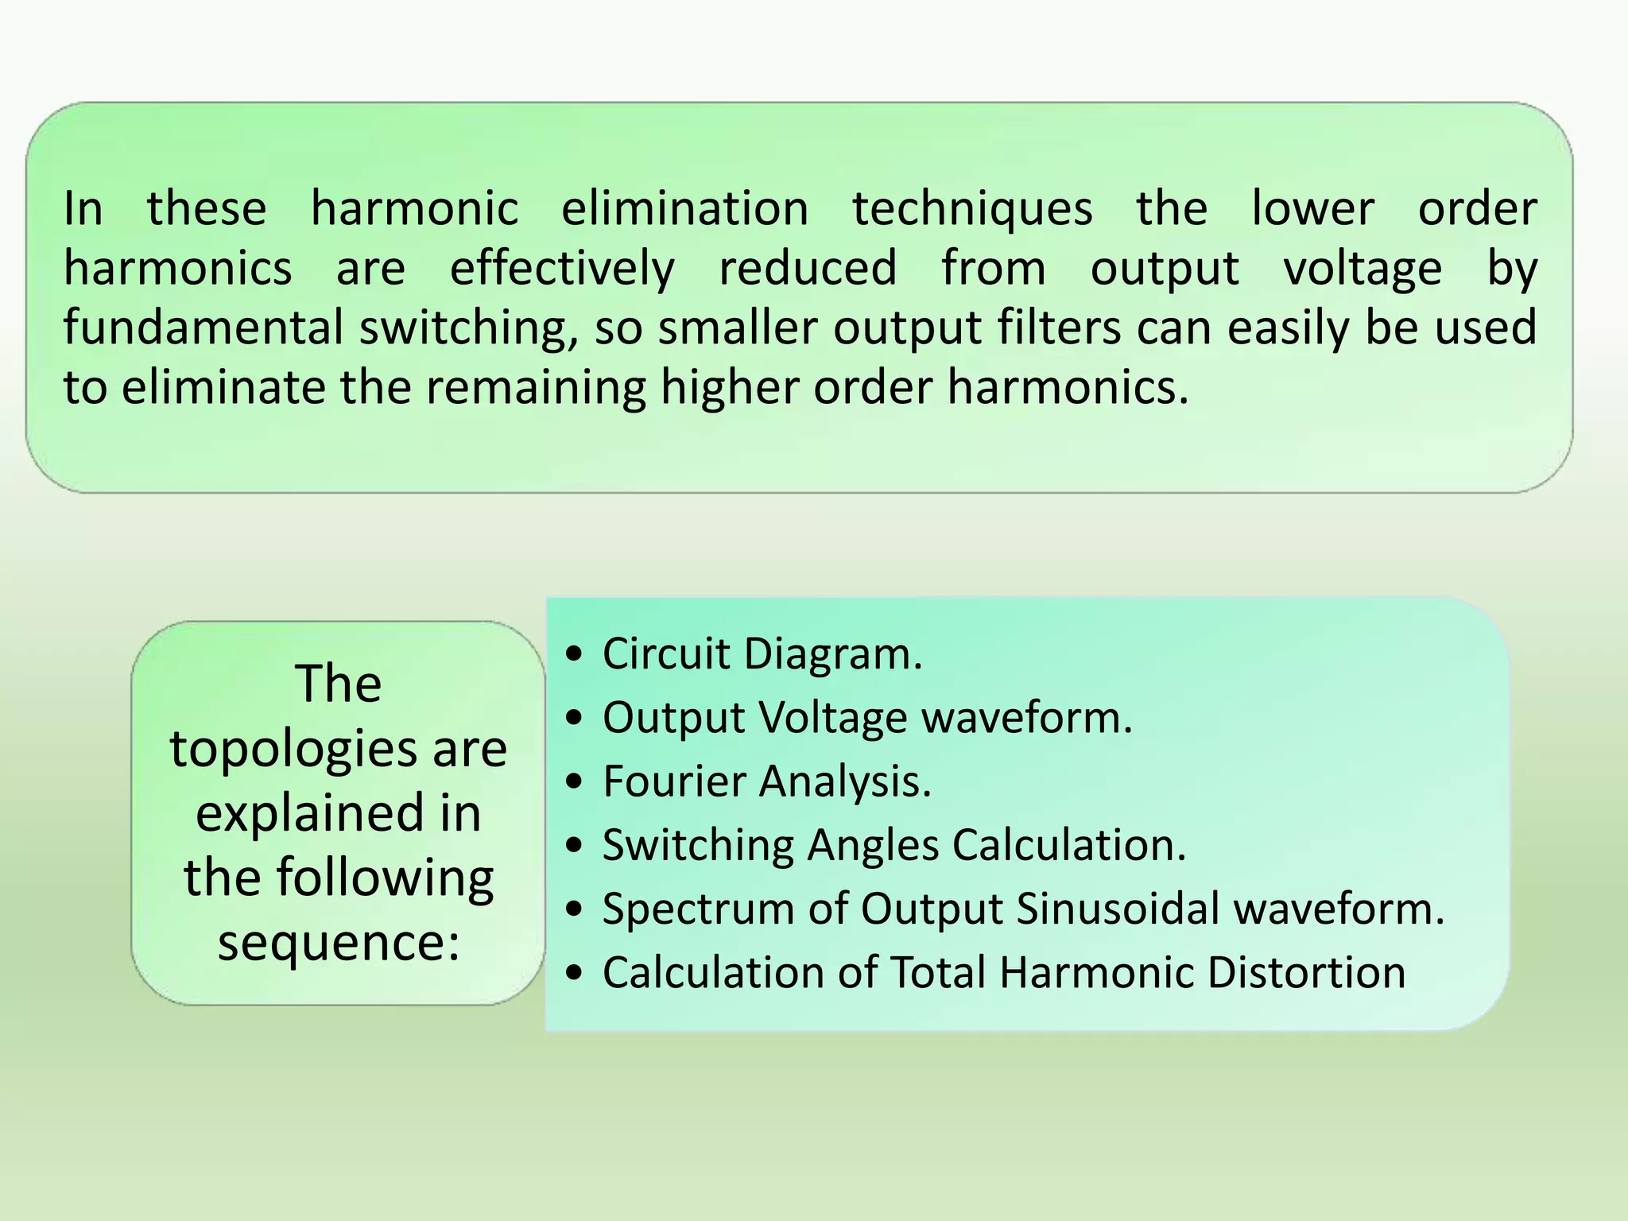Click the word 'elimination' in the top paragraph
(684, 208)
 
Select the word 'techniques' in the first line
(972, 208)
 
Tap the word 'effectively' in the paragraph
(562, 268)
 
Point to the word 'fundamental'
(203, 328)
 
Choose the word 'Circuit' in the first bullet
(666, 653)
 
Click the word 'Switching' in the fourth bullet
(698, 844)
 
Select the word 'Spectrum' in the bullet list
(697, 908)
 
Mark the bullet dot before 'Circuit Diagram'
(575, 655)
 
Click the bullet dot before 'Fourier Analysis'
(575, 782)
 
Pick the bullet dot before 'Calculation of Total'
(575, 973)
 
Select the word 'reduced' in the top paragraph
(808, 268)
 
